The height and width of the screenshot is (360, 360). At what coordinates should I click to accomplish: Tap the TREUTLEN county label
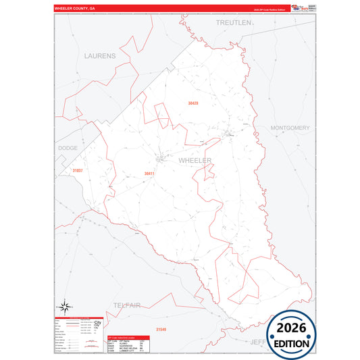coord(233,22)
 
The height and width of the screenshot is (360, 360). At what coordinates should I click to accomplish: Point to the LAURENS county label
coord(100,55)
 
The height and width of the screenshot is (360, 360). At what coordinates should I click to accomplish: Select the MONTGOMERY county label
coord(289,128)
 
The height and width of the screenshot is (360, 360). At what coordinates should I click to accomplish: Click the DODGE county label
coord(68,147)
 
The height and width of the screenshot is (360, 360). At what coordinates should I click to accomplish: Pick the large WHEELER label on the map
coord(195,161)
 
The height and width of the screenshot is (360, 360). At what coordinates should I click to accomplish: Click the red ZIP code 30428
coord(193,103)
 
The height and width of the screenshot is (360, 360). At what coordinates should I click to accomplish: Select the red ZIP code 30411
coord(149,174)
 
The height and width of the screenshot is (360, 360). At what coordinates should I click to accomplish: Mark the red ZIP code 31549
coord(161,329)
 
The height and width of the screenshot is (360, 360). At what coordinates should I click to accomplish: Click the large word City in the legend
coord(97,325)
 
